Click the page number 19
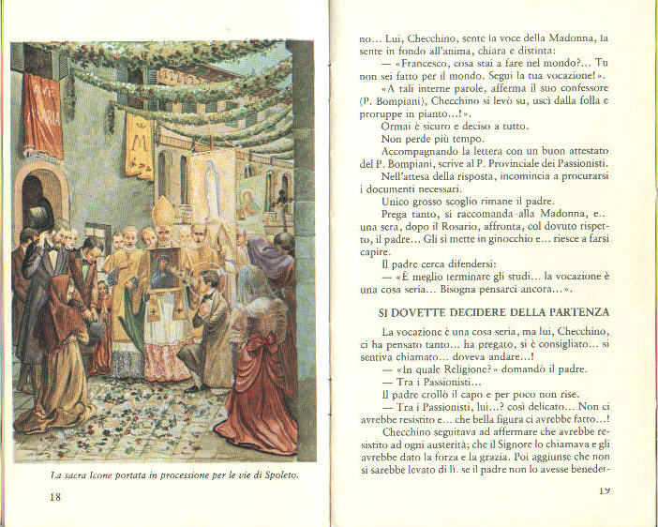604,489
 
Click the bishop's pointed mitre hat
163,210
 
